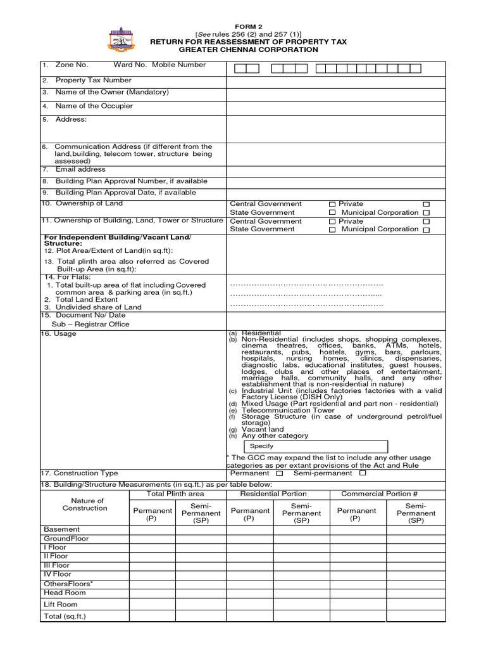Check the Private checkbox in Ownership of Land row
(x=425, y=204)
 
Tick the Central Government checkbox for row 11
(x=332, y=222)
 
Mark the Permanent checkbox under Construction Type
(x=280, y=473)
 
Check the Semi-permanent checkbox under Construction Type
(x=363, y=473)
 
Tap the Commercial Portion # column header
(x=379, y=493)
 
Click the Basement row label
(x=62, y=529)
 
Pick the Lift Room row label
(x=61, y=605)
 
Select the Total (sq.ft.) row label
(x=65, y=616)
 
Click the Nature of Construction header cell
(x=84, y=505)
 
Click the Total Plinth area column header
(x=175, y=493)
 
